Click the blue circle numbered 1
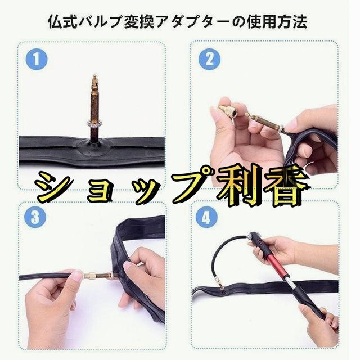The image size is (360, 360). [x=37, y=59]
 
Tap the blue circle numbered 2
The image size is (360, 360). [x=209, y=59]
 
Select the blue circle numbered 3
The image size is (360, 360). [x=35, y=217]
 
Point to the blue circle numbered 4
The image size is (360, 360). [x=206, y=217]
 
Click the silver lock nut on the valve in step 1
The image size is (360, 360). [x=94, y=124]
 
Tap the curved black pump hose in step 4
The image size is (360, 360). [x=224, y=257]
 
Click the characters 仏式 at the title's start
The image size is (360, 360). [x=62, y=22]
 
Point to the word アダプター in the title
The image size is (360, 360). [x=191, y=22]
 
